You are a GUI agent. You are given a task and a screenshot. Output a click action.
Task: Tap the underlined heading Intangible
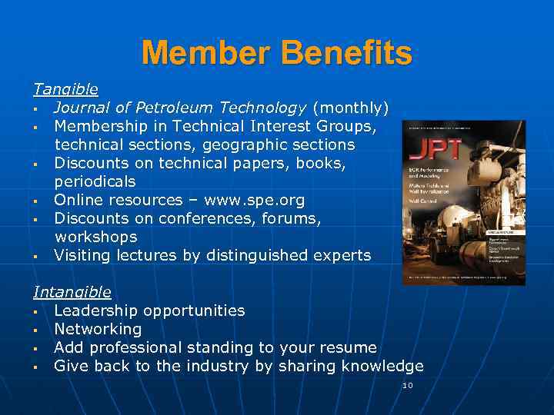pyautogui.click(x=72, y=292)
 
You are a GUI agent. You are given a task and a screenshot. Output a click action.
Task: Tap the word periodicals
pyautogui.click(x=95, y=182)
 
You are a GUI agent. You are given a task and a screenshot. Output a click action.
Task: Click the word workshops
pyautogui.click(x=95, y=237)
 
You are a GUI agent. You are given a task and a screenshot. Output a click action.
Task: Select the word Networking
pyautogui.click(x=98, y=330)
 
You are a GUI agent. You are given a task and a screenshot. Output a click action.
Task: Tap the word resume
pyautogui.click(x=350, y=348)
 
